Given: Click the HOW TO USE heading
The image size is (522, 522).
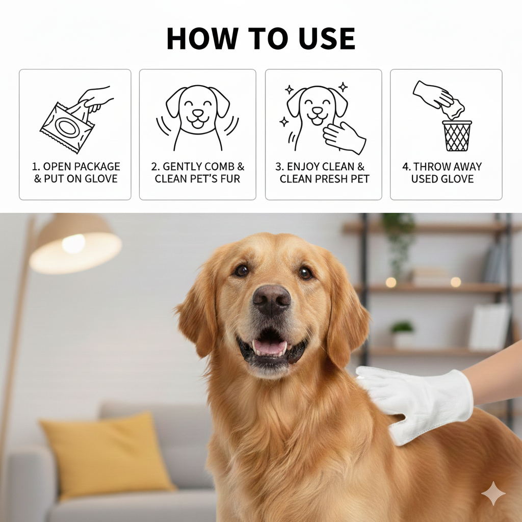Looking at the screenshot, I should click(260, 39).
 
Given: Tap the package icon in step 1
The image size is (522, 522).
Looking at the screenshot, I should click(67, 127).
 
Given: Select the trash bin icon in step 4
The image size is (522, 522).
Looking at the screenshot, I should click(456, 136).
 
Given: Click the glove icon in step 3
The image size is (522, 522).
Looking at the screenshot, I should click(344, 137).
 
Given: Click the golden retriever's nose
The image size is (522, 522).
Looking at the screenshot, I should click(272, 299).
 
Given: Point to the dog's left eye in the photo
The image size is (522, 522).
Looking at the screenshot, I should click(305, 273).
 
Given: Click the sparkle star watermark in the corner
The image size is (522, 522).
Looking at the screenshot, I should click(493, 493).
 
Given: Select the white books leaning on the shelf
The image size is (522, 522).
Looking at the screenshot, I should click(488, 326).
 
